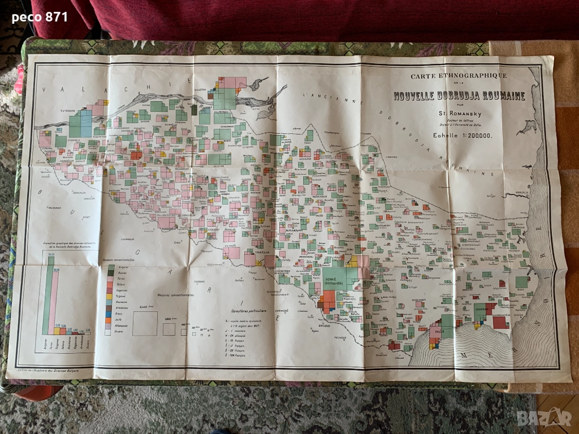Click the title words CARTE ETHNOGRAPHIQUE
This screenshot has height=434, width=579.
click(x=459, y=76)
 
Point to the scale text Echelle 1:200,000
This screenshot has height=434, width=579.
click(x=463, y=136)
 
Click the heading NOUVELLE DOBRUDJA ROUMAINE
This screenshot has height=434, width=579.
click(x=459, y=96)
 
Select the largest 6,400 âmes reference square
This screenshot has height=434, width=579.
click(x=145, y=324)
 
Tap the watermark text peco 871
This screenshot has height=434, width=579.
click(x=40, y=18)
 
